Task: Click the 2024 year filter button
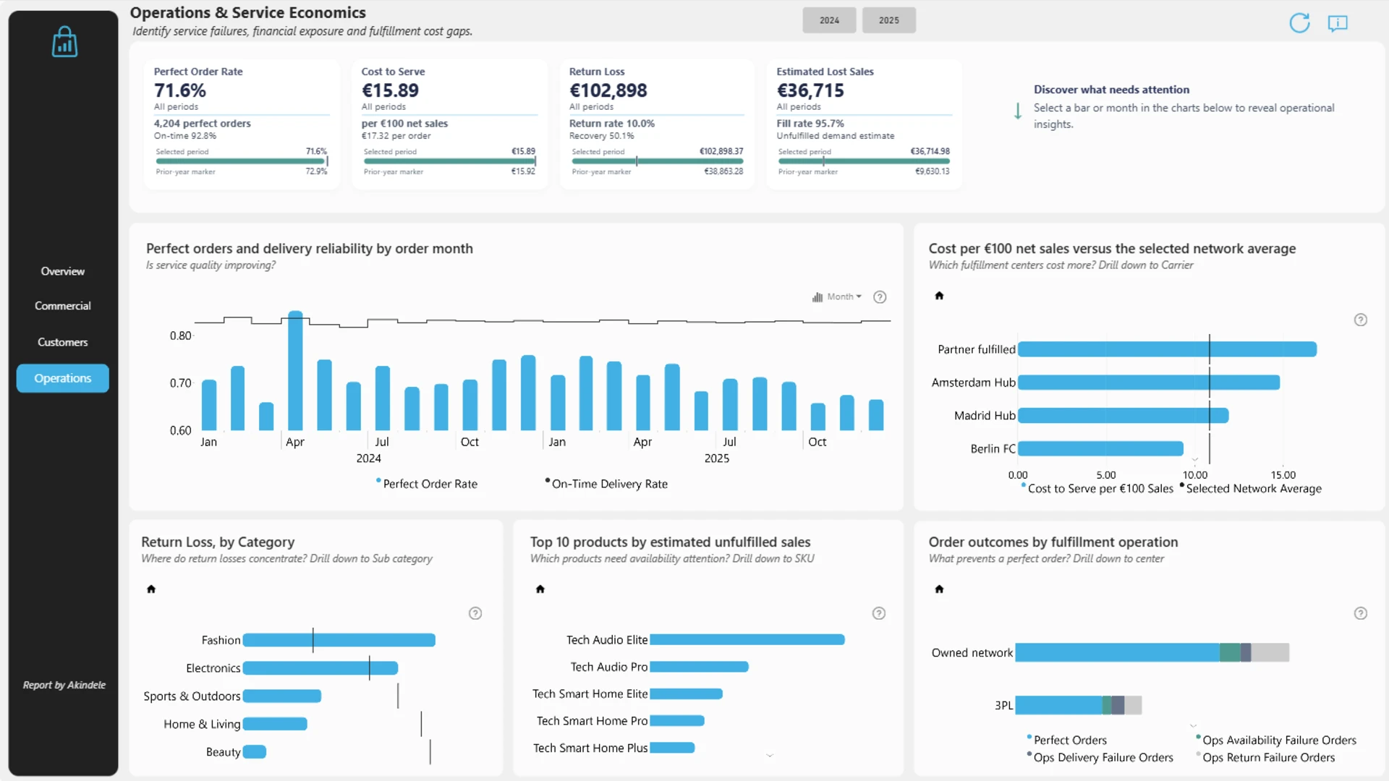click(x=829, y=20)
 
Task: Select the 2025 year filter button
click(x=888, y=20)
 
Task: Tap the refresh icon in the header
click(x=1299, y=23)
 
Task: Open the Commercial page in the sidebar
click(x=63, y=306)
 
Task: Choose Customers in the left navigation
click(x=63, y=342)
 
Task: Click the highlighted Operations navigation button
click(x=63, y=378)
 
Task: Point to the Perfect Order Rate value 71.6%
click(x=180, y=90)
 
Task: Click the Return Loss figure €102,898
click(x=608, y=90)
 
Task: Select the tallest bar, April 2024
click(x=295, y=371)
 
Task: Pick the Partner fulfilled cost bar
click(x=1167, y=349)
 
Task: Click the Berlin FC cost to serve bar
click(x=1100, y=448)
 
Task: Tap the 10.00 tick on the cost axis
click(x=1195, y=475)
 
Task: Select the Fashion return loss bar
click(x=339, y=640)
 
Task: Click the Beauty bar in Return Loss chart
click(x=255, y=752)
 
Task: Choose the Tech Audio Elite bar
click(x=747, y=640)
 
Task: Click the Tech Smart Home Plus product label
click(x=590, y=748)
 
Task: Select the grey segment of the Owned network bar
click(x=1270, y=652)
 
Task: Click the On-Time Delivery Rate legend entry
click(x=609, y=484)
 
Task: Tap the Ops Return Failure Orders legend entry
click(x=1268, y=757)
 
